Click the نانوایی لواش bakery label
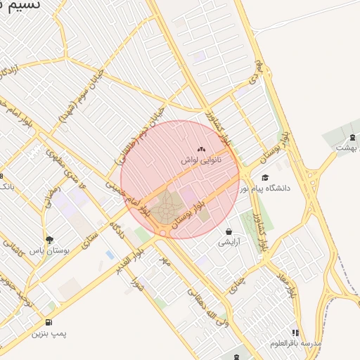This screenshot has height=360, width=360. click(202, 161)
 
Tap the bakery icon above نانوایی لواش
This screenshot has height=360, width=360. click(202, 149)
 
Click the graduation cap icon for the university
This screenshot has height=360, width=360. click(265, 177)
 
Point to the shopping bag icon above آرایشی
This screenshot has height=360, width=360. click(229, 231)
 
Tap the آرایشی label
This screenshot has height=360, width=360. click(229, 242)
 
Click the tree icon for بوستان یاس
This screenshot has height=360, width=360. click(49, 240)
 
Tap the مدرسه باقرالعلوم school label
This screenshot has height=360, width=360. click(295, 343)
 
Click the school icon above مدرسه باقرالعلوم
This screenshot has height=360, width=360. click(295, 333)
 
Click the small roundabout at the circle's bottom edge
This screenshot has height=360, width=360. click(163, 233)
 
